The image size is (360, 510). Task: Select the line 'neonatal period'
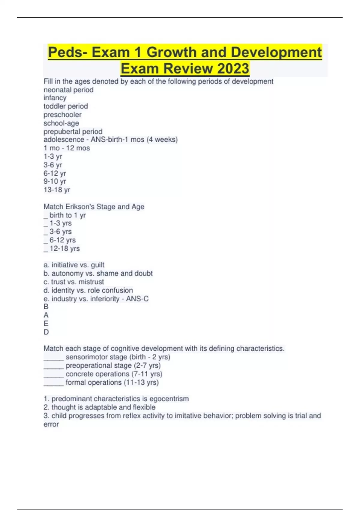point(68,90)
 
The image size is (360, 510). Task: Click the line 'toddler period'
point(66,106)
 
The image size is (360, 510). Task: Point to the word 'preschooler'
point(62,115)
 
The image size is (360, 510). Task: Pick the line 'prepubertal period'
point(73,131)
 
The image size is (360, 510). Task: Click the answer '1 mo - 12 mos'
point(67,148)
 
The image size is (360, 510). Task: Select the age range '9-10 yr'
point(55,181)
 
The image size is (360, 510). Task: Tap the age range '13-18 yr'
point(57,190)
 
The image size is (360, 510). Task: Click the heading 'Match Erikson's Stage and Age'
point(94,207)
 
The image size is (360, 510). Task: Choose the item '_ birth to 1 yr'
point(65,215)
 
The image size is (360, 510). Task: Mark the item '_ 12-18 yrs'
point(62,248)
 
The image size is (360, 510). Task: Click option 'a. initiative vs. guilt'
point(74,265)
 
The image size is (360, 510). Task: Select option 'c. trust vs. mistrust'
point(74,282)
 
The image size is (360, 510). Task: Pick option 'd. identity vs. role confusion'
point(88,290)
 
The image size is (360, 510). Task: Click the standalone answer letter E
point(46,323)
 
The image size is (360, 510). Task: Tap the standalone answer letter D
point(46,332)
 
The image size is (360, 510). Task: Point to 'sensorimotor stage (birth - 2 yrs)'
point(118,357)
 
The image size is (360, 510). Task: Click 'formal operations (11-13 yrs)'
point(112,382)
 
